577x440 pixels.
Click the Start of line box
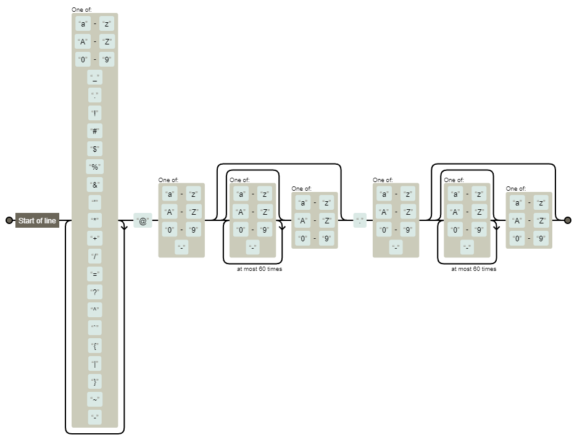[x=37, y=221]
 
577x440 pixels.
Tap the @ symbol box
[x=143, y=221]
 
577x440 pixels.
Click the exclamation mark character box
[x=94, y=114]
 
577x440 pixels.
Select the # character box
[x=94, y=131]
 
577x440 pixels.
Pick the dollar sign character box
[x=94, y=149]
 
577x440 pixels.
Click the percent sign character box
[x=94, y=167]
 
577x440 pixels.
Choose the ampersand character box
[x=94, y=185]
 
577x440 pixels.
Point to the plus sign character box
[x=94, y=239]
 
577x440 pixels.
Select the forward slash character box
[x=94, y=257]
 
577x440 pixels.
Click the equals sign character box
[x=94, y=275]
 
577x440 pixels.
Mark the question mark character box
[x=94, y=293]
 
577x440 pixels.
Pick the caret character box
[x=94, y=310]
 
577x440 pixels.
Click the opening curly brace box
[x=94, y=346]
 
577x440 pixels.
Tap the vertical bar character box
[x=94, y=364]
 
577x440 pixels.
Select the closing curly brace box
[x=94, y=382]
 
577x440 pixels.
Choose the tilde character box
[x=94, y=400]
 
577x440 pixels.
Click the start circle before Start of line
[x=9, y=220]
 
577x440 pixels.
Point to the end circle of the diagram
[x=568, y=220]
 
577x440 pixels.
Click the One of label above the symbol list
[x=81, y=10]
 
